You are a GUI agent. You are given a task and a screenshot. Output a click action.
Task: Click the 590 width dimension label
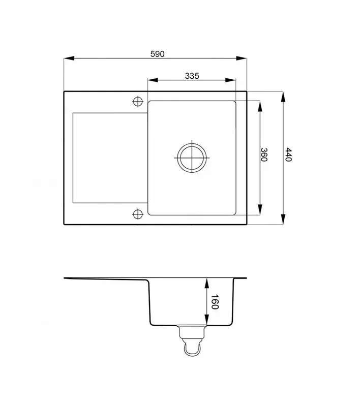coord(158,54)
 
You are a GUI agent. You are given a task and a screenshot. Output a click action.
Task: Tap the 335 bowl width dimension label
coord(192,76)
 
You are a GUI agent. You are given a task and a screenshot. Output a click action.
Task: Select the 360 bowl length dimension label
coord(264,154)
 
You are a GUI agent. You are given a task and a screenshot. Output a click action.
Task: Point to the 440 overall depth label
coord(288,154)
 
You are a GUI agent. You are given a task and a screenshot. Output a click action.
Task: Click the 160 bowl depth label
coord(215,302)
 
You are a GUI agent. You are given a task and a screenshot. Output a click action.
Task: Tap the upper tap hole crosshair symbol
coord(138,101)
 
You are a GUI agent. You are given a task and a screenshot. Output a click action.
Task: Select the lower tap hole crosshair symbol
coord(138,214)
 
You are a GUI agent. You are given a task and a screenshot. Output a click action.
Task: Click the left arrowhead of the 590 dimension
coord(69,58)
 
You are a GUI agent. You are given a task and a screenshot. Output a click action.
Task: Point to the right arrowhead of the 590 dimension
coord(242,58)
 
